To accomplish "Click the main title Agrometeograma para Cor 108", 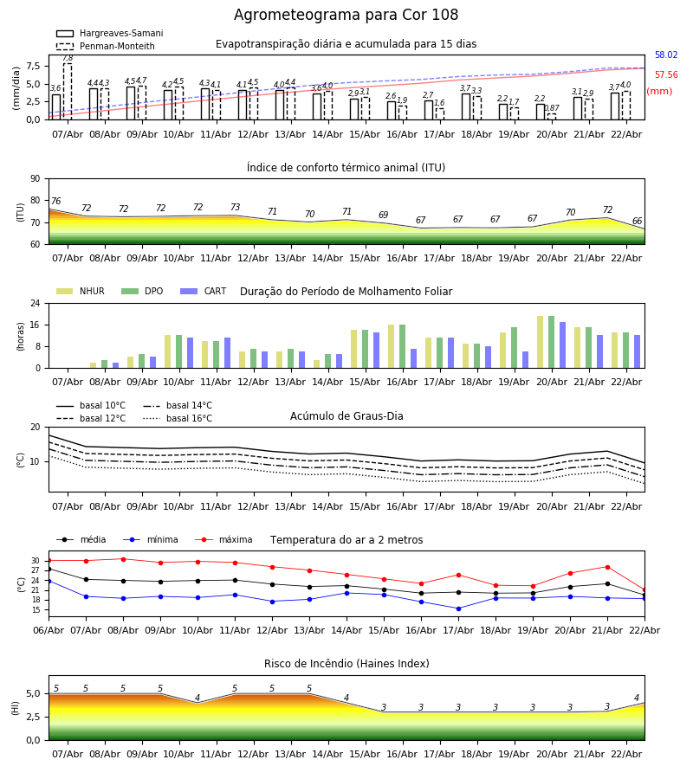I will click(346, 16).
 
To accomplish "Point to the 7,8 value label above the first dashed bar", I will click(68, 58).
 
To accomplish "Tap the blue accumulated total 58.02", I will click(666, 55).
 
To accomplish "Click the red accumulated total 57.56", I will click(666, 75).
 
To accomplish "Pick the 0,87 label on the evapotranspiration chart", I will click(552, 108).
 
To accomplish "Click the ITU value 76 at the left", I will click(55, 202).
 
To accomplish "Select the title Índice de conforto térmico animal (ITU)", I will click(346, 168).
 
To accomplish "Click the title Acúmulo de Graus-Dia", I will click(346, 416).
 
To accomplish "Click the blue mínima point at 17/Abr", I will click(458, 608).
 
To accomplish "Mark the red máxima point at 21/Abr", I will click(607, 567).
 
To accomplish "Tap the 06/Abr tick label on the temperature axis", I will click(49, 629).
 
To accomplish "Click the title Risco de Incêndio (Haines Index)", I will click(346, 664).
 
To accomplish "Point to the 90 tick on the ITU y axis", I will click(35, 179).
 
